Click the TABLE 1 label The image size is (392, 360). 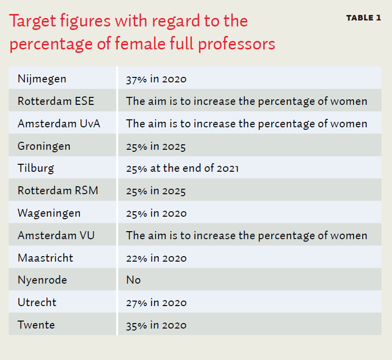tap(364, 18)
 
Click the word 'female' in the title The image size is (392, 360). tap(140, 43)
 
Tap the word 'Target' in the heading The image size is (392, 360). tap(32, 21)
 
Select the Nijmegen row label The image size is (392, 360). tap(42, 79)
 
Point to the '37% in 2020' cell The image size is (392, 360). tap(156, 79)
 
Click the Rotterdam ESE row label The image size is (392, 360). tap(56, 101)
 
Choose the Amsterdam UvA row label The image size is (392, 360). tap(59, 124)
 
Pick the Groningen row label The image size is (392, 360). tap(44, 146)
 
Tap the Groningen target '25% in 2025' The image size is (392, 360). tap(156, 147)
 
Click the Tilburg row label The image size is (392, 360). tap(36, 168)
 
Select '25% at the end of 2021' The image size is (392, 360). tap(182, 168)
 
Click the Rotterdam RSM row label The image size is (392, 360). tap(58, 191)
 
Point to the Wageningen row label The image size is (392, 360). tap(49, 214)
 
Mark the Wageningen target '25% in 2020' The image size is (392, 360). tap(156, 214)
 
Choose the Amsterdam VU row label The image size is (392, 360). tap(56, 236)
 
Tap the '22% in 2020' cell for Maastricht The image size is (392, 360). tap(156, 258)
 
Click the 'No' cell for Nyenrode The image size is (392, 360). tap(134, 280)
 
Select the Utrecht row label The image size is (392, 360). tap(37, 303)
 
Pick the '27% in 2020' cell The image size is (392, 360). tap(156, 303)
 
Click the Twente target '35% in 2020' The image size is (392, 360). tap(156, 326)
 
